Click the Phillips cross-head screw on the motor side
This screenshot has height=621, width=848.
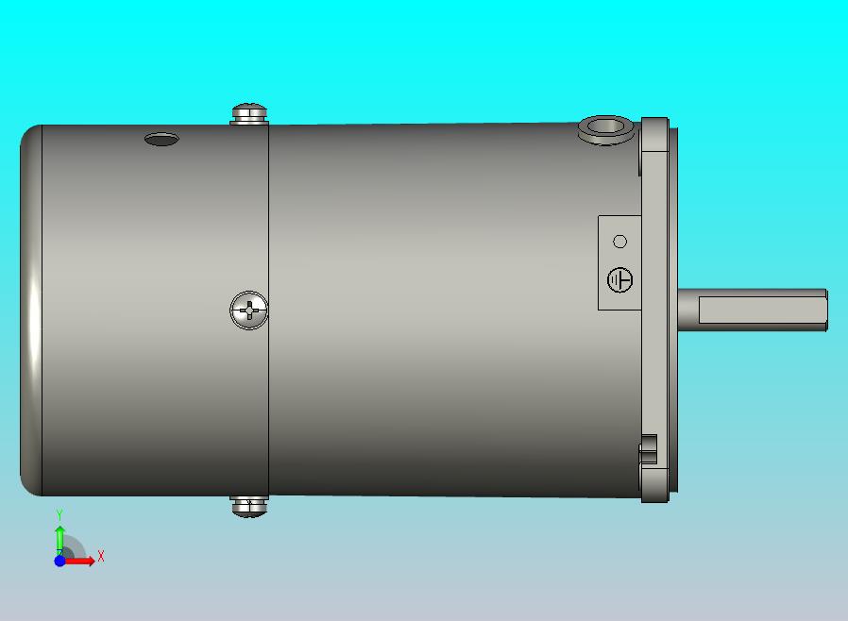[248, 310]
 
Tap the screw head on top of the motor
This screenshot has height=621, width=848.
[249, 113]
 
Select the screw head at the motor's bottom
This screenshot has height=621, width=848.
[249, 507]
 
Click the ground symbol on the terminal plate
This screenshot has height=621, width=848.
[619, 280]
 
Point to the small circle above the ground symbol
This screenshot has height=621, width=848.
[620, 242]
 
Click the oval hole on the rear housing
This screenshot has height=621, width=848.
[161, 140]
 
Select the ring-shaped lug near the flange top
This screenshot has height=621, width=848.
[605, 129]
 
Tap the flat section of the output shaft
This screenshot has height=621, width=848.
[763, 310]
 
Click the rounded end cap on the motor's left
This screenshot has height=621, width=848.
[31, 310]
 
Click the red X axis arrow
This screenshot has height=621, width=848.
[78, 562]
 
